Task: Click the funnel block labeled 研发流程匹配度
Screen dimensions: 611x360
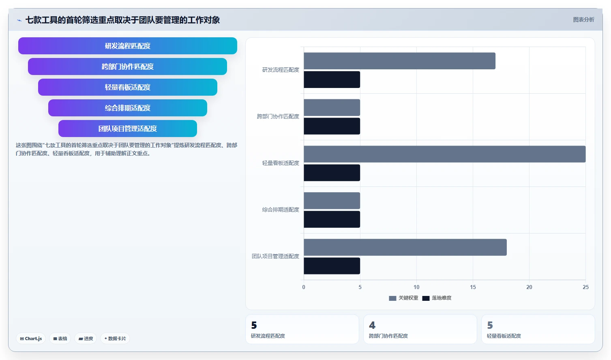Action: click(x=128, y=46)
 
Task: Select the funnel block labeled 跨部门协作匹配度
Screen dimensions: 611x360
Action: click(x=127, y=66)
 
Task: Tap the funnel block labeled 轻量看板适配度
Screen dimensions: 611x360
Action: click(x=128, y=87)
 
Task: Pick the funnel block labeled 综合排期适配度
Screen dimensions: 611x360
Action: click(x=128, y=108)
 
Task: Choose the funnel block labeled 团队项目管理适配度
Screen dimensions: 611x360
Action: click(x=128, y=129)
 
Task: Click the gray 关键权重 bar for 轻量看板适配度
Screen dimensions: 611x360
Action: click(x=445, y=154)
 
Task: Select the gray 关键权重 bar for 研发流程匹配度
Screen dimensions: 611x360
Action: click(x=400, y=61)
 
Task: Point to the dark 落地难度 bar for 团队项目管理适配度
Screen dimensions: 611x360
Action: click(x=332, y=266)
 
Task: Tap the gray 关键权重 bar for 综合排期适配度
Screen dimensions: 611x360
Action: click(x=332, y=201)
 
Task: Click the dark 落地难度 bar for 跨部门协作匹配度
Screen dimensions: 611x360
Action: click(x=332, y=126)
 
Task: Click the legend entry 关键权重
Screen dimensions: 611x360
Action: click(x=403, y=298)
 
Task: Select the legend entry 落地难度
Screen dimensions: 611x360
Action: click(x=437, y=298)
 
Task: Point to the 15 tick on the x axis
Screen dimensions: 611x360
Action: click(x=473, y=287)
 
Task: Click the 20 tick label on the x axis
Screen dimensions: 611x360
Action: click(x=529, y=287)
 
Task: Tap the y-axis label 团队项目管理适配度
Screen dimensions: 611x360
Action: click(x=275, y=256)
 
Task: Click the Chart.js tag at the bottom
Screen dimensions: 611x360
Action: click(x=31, y=339)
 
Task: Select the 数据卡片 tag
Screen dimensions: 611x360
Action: click(x=115, y=339)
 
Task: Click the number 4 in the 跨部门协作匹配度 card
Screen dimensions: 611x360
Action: click(x=372, y=325)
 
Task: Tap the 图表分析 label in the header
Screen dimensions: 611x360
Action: click(x=583, y=19)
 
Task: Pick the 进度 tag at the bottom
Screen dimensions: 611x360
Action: click(x=86, y=339)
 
